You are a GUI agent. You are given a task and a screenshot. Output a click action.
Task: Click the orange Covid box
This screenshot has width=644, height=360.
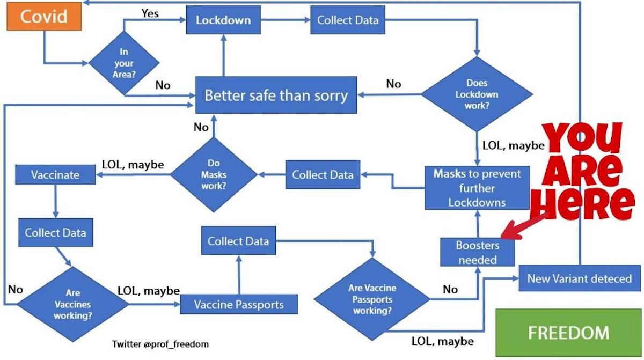click(x=43, y=17)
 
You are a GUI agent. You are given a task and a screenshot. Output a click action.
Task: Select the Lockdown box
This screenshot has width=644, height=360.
click(x=223, y=21)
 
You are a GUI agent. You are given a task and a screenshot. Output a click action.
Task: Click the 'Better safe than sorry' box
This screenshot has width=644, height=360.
click(x=276, y=96)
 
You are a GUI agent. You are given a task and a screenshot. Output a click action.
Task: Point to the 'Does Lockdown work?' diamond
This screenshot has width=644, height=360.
click(x=477, y=94)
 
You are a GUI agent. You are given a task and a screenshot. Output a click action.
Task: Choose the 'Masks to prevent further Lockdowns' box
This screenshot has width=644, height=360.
click(x=477, y=188)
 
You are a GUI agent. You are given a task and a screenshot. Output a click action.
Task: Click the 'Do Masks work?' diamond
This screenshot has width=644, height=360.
click(x=214, y=174)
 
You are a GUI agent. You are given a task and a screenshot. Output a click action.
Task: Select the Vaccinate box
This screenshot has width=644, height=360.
click(x=55, y=175)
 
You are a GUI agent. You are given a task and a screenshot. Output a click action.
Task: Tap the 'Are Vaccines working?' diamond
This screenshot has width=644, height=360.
click(x=72, y=304)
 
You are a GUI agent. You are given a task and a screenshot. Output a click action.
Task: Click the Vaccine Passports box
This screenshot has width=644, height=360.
click(x=239, y=304)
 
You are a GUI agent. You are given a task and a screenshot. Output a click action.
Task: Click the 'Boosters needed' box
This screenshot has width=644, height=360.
click(x=477, y=252)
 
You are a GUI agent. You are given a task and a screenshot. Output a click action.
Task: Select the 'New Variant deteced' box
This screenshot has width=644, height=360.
click(x=579, y=278)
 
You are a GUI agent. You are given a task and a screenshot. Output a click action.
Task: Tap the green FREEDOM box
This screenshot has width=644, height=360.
click(x=568, y=333)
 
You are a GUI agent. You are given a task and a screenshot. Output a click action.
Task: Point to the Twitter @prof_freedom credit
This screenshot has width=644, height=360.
click(x=160, y=344)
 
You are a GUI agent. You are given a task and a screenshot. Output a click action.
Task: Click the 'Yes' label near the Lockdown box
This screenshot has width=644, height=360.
click(x=150, y=13)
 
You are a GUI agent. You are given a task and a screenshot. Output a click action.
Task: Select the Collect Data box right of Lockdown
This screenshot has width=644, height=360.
click(x=347, y=21)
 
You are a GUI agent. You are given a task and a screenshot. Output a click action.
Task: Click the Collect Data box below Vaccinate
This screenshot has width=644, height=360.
click(x=55, y=233)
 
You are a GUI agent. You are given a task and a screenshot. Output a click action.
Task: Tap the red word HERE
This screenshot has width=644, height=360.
click(x=585, y=204)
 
